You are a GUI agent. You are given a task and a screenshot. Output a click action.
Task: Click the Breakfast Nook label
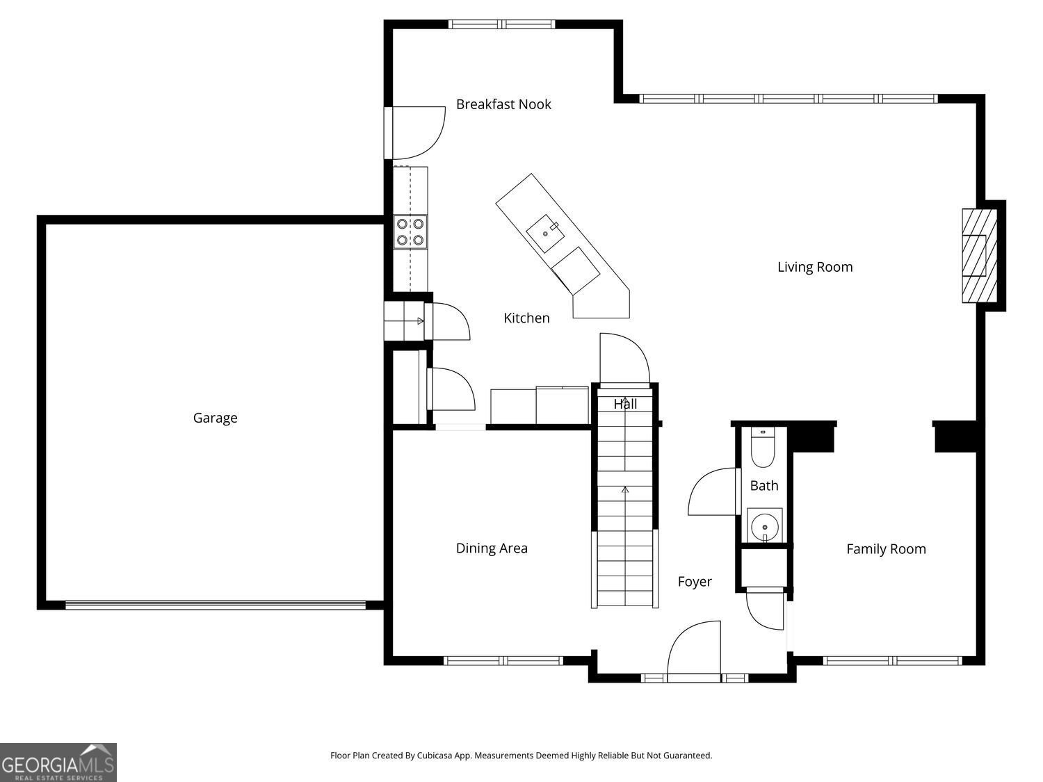503,104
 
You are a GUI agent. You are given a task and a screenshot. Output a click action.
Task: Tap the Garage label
215,418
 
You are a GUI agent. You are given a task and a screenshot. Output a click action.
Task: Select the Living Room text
815,267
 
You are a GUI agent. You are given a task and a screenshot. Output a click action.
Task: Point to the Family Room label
886,549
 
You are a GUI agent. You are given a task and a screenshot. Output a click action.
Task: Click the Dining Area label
492,548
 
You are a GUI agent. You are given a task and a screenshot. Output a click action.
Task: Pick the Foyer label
695,582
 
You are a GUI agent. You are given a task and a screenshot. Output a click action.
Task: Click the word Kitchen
526,318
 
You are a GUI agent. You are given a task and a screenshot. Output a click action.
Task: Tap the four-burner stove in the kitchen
410,232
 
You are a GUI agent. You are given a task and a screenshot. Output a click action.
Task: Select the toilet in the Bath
763,450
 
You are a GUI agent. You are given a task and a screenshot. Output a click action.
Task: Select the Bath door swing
713,492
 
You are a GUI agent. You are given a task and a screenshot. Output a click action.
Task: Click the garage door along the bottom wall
216,605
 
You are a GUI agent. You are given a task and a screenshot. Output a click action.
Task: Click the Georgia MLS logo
58,763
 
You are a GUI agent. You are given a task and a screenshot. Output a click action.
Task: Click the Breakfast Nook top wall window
502,24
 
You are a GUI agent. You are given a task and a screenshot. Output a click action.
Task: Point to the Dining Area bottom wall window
503,660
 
